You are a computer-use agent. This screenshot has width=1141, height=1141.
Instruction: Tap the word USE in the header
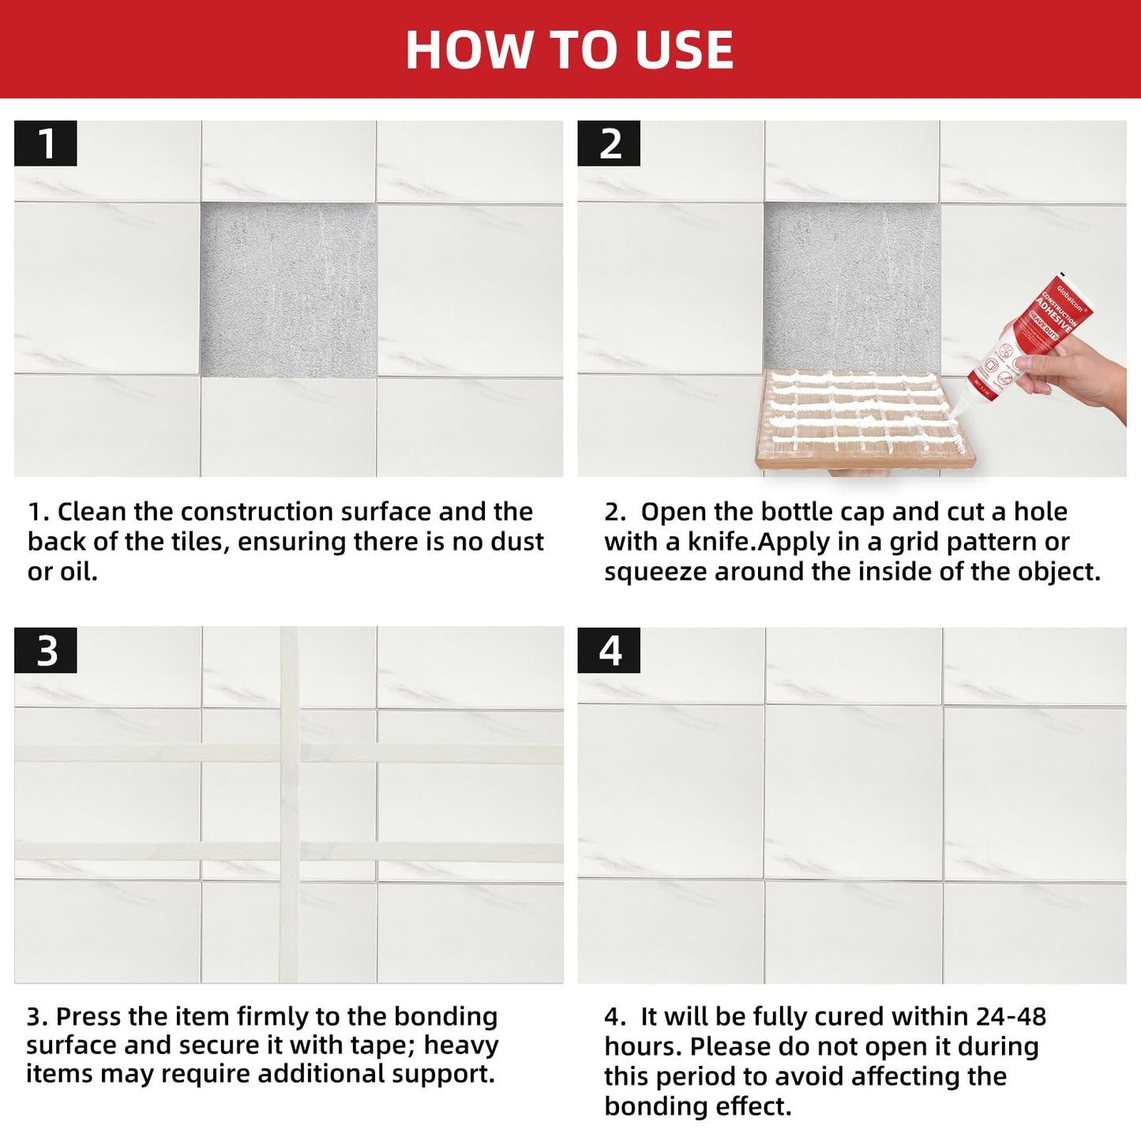pos(684,50)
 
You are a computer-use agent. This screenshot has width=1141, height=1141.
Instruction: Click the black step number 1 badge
pos(46,144)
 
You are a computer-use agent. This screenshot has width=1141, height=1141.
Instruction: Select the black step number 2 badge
pos(609,144)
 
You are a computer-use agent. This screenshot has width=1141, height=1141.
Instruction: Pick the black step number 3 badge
pos(46,651)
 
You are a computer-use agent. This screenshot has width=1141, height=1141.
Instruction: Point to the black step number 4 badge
pos(609,651)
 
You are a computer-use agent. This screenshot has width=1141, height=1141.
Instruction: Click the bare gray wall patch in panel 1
pos(288,291)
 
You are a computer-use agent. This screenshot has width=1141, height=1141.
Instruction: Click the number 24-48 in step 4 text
pos(1011,1016)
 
